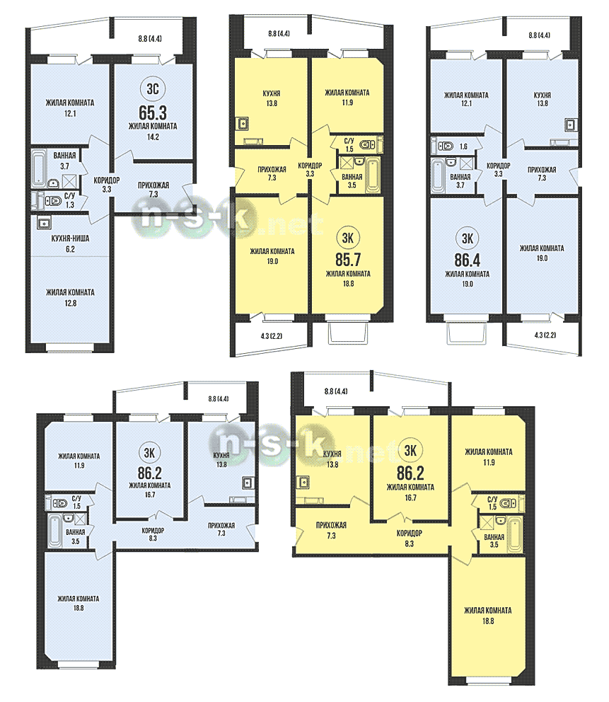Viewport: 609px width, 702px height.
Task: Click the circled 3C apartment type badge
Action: (153, 88)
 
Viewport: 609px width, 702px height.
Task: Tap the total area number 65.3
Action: (153, 113)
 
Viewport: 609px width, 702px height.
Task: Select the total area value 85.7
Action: (348, 260)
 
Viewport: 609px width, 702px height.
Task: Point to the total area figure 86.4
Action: (467, 260)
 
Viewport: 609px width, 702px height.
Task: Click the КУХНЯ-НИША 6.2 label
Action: (70, 244)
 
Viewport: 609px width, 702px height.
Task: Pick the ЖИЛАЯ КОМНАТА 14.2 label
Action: (153, 132)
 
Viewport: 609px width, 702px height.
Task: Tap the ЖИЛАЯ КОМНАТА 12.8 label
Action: (70, 298)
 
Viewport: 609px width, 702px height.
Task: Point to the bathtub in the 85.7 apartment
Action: (372, 174)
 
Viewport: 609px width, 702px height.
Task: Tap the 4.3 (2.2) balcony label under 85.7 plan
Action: (271, 335)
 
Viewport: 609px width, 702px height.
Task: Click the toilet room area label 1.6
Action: (463, 146)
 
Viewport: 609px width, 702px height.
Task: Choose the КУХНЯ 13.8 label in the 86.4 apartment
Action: (543, 99)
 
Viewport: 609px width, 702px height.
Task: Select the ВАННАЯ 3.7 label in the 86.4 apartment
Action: (460, 181)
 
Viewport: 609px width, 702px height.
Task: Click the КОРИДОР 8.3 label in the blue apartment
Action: (153, 534)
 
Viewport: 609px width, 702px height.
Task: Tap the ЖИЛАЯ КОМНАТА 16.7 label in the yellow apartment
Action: (410, 492)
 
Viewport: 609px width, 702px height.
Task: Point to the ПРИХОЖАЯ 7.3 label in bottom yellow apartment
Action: (331, 530)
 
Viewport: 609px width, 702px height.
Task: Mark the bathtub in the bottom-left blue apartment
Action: (55, 531)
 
